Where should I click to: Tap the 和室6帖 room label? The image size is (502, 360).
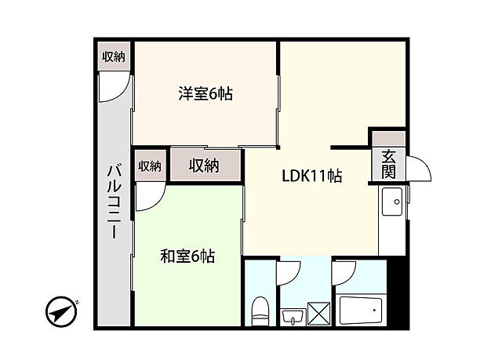pos(187,256)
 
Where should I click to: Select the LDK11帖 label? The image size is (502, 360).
pos(311,176)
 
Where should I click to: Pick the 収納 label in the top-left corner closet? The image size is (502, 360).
pos(114,56)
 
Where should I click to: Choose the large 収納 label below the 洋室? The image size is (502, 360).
pos(204,165)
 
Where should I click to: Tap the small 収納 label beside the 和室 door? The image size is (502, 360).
pos(149,165)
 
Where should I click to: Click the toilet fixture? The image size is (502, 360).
pos(259,311)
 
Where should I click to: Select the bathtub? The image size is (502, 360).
pos(360,311)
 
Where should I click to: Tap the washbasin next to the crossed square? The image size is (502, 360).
pos(292,316)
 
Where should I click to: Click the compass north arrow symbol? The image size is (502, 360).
pos(62,311)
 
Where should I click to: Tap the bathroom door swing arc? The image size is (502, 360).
pos(345,275)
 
